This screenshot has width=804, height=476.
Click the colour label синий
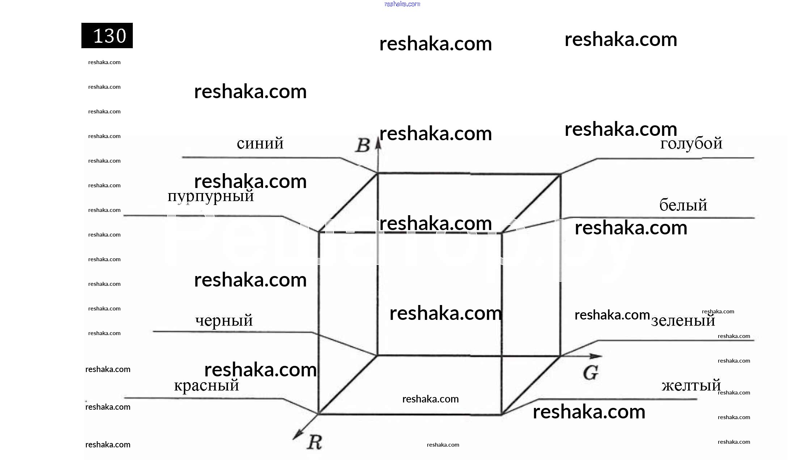point(260,144)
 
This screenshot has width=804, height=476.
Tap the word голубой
point(691,144)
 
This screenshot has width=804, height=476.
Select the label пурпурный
point(211,196)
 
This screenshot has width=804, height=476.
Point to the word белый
point(683,205)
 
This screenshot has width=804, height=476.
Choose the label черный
point(224,321)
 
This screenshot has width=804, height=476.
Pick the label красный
point(206,385)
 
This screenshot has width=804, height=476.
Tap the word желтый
point(691,385)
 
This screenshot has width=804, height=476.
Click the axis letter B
point(362,146)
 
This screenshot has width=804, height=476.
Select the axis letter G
point(591,373)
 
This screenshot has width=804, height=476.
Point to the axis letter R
point(314,442)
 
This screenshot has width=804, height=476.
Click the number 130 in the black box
point(109,36)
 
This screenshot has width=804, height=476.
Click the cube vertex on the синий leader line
point(377,174)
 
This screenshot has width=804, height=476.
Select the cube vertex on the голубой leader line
point(560,175)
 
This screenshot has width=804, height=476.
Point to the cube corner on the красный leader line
point(318,413)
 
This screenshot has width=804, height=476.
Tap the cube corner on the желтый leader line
point(502,414)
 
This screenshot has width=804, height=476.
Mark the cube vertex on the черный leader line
point(377,355)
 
